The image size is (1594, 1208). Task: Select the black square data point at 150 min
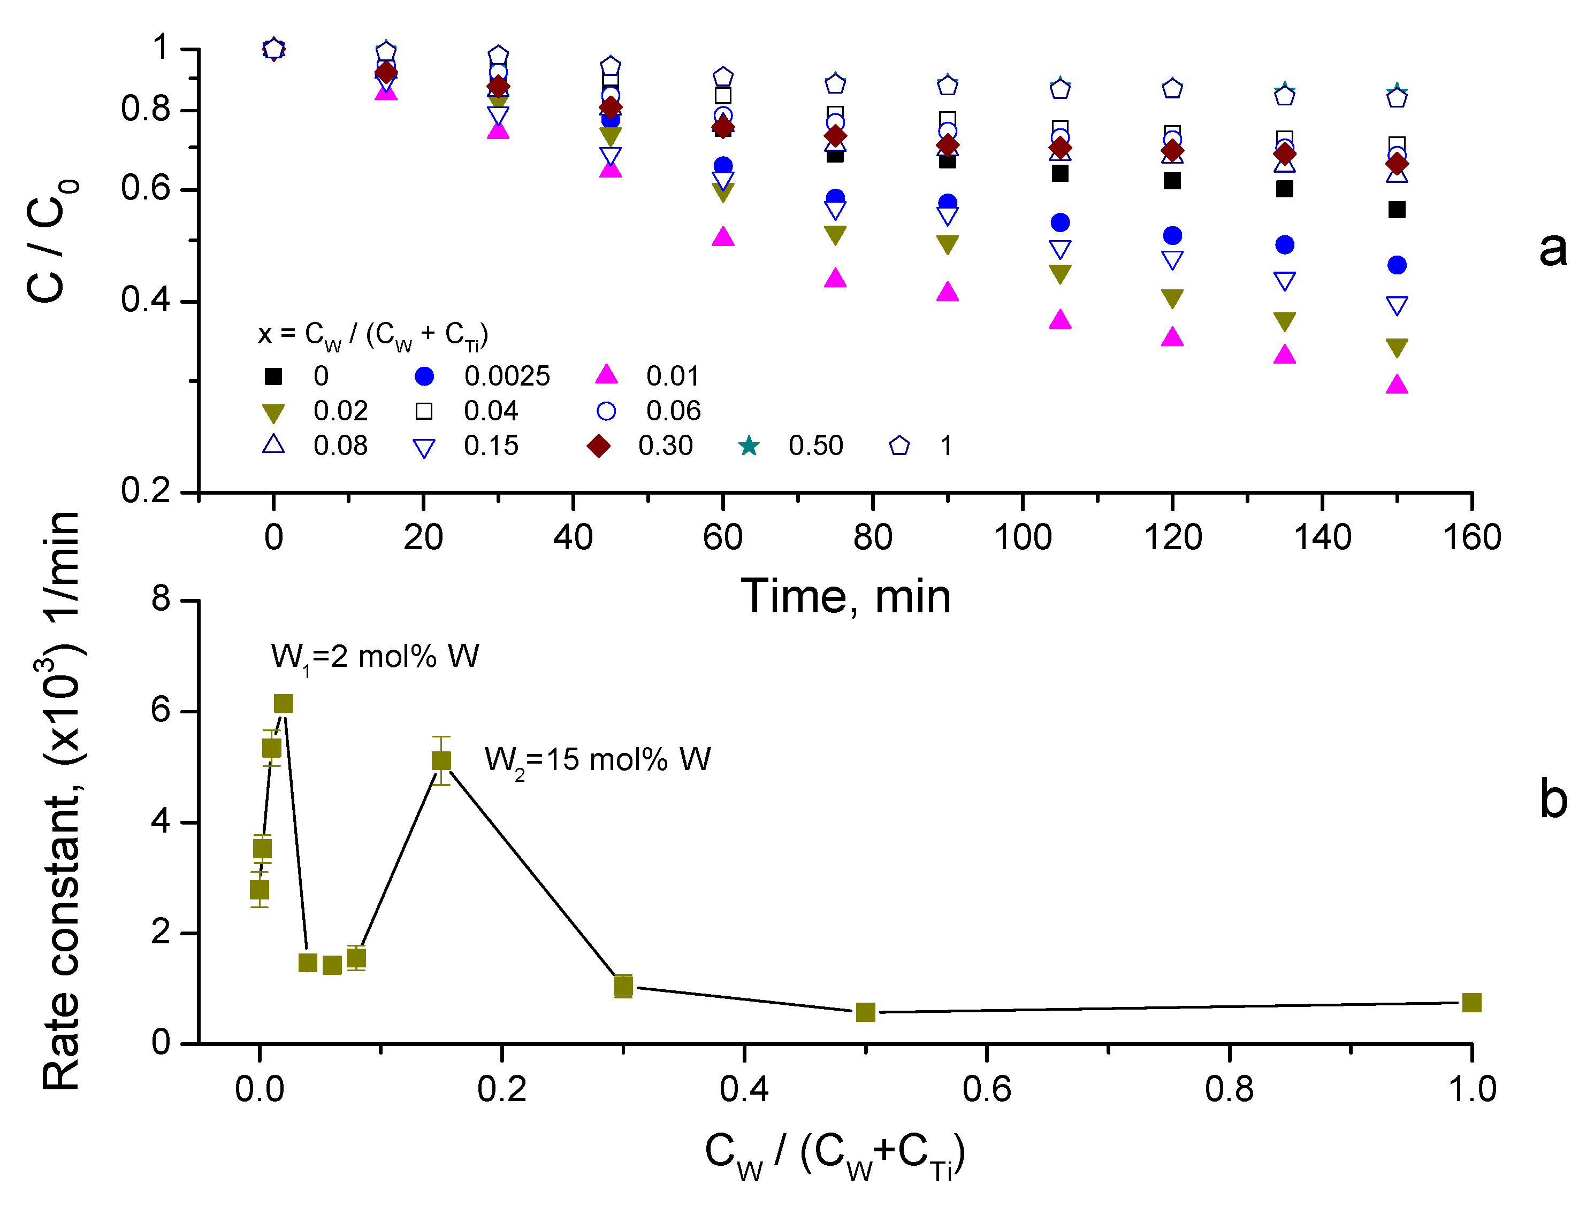[x=1397, y=210]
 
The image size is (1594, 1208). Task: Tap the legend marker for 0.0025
[x=424, y=376]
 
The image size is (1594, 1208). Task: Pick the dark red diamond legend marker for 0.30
[x=599, y=446]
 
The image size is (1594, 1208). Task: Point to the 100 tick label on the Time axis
[x=1023, y=538]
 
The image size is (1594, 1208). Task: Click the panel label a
[x=1552, y=249]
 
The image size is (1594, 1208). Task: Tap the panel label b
[x=1553, y=799]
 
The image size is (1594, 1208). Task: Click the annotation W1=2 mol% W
[x=375, y=658]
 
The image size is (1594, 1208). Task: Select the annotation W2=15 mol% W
[x=597, y=760]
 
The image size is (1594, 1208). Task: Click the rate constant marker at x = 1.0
[x=1471, y=1003]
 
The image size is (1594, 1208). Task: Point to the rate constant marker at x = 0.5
[x=865, y=1012]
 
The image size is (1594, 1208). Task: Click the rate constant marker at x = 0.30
[x=623, y=986]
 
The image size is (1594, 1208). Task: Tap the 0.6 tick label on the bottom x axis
[x=987, y=1090]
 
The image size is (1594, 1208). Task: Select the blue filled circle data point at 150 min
[x=1397, y=265]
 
